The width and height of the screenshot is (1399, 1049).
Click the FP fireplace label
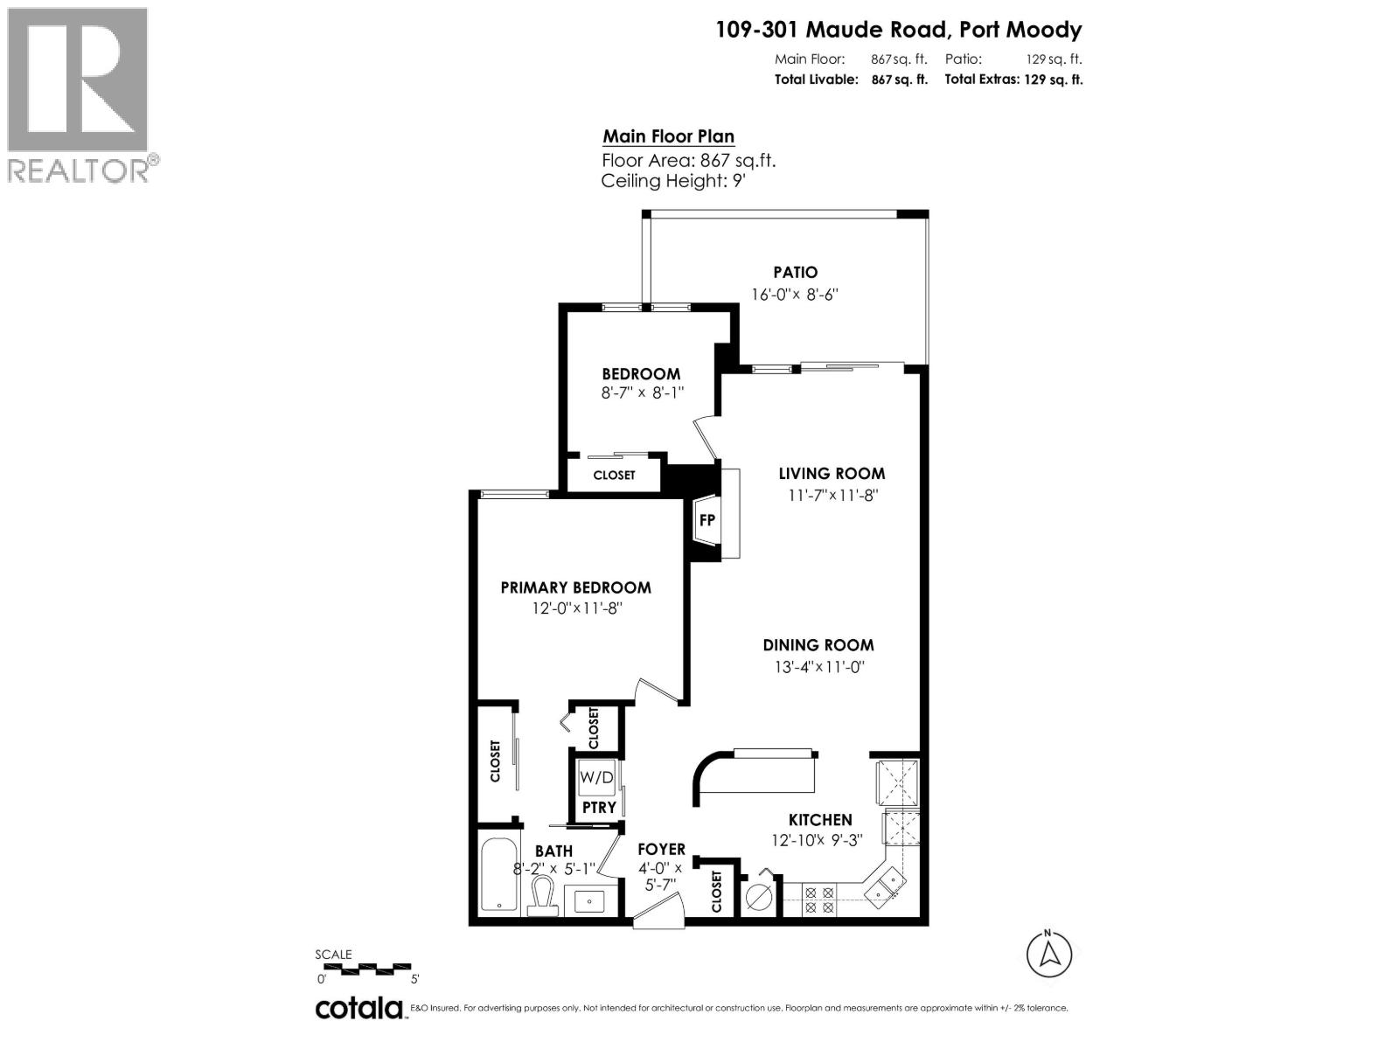707,520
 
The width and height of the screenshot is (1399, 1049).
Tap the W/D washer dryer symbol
597,777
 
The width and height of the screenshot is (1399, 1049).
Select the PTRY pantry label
599,807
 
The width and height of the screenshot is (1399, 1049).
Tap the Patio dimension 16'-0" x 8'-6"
795,295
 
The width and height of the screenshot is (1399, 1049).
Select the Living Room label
832,474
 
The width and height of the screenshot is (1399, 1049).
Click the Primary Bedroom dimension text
575,608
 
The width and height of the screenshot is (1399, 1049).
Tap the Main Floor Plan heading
668,136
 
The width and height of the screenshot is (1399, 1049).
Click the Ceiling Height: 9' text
673,181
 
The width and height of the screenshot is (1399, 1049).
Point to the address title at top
899,30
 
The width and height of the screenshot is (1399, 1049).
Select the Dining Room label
818,645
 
